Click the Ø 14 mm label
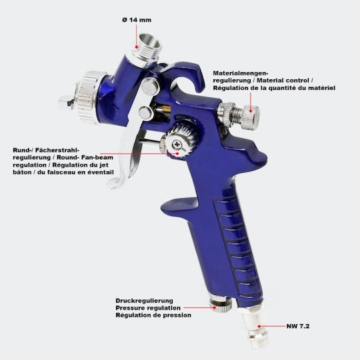(x=137, y=20)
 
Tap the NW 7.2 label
(x=298, y=326)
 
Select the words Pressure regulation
(x=148, y=308)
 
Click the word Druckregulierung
(x=145, y=301)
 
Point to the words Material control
(x=283, y=81)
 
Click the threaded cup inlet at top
(x=147, y=47)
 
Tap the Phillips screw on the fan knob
(x=177, y=145)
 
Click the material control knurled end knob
(x=251, y=117)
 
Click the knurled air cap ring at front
(x=90, y=97)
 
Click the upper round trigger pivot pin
(x=151, y=85)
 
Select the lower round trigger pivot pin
(x=145, y=113)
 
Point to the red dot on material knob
(x=251, y=111)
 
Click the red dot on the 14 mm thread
(x=137, y=47)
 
